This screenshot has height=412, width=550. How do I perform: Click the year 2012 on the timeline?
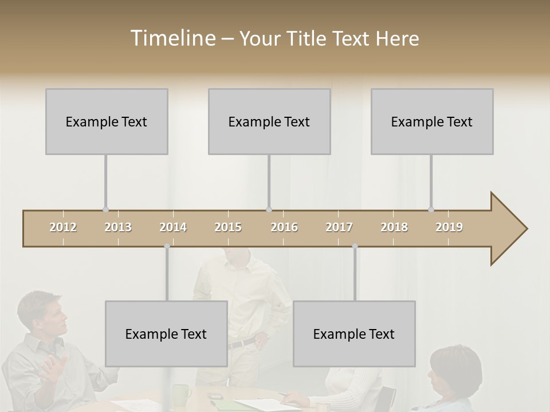coord(63,227)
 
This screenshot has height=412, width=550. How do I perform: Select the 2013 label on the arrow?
coord(118,227)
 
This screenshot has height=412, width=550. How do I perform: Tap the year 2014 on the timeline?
coord(173,227)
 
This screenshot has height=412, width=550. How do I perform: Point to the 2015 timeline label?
coord(228,227)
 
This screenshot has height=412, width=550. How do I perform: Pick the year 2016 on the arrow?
coord(284,227)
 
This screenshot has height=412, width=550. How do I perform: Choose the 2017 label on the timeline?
coord(339,227)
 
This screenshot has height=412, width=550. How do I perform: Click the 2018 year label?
coord(394,227)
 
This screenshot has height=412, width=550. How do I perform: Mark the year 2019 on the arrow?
coord(449,227)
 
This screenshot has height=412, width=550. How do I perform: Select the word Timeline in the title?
coord(172,38)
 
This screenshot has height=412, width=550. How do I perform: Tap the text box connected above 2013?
coord(107,121)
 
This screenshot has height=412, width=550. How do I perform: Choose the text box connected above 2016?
coord(269,121)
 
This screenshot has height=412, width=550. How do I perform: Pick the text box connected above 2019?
coord(432,121)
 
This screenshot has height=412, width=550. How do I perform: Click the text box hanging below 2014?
coord(166,334)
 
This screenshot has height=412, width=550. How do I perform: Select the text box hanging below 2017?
coord(354,334)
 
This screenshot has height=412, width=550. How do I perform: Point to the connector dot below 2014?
coord(167,246)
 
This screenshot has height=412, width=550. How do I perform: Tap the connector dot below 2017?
coord(355,246)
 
